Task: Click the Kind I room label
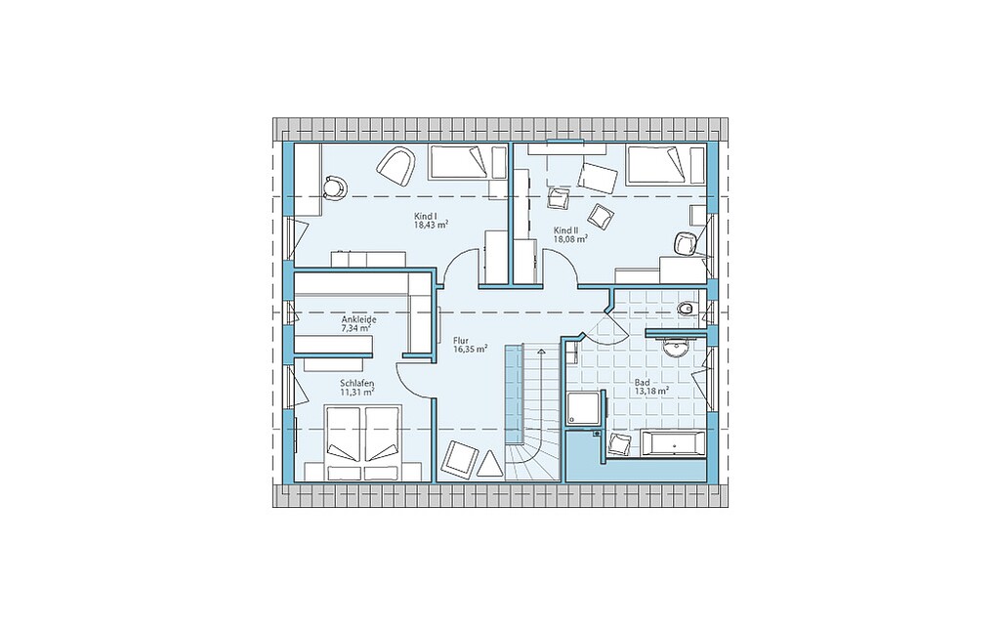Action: (425, 216)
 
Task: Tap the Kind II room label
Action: (565, 229)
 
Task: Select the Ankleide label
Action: (358, 319)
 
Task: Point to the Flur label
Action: (461, 341)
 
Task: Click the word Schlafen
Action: (356, 384)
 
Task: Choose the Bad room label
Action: (641, 382)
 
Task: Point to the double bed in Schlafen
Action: (363, 441)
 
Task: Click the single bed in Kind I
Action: (460, 162)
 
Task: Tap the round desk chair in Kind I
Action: (334, 187)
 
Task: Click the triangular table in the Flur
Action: (489, 464)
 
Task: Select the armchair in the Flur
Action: (459, 457)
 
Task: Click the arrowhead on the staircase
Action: (541, 351)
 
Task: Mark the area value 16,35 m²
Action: (471, 350)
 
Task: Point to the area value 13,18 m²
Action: (651, 391)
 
